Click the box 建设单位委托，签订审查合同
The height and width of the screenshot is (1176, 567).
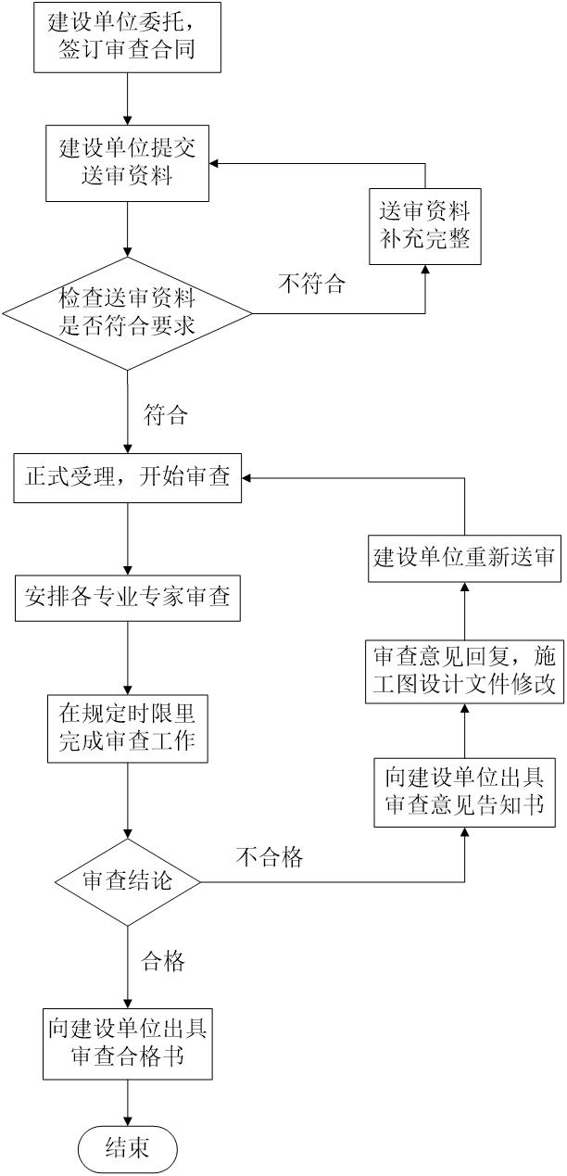click(127, 36)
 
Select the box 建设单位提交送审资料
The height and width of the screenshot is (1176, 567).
click(127, 163)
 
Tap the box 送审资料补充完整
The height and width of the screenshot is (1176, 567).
click(424, 226)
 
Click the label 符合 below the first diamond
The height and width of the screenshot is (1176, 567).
click(165, 414)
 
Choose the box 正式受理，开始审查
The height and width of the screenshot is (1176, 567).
click(127, 479)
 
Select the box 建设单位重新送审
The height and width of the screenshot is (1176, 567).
click(463, 558)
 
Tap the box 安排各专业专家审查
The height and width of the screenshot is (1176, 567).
click(127, 600)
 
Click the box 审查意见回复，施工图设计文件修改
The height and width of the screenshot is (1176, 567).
click(463, 669)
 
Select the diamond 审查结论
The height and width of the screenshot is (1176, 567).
click(127, 881)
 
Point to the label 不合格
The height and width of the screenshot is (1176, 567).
click(269, 857)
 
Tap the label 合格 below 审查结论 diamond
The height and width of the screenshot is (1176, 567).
click(162, 961)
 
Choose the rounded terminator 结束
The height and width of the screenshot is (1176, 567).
click(127, 1149)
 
